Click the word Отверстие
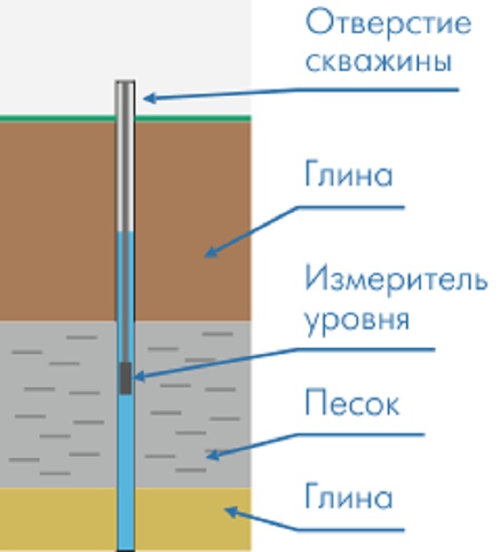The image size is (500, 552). (x=388, y=24)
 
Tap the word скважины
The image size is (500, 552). (x=378, y=62)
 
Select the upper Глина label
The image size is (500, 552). (x=348, y=174)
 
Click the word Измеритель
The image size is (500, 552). (x=396, y=280)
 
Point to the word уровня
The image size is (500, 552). (x=357, y=321)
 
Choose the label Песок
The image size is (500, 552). (x=352, y=403)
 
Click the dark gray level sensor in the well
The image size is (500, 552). (x=126, y=378)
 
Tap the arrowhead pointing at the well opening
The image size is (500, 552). (x=150, y=98)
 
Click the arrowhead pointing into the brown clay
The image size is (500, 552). (x=211, y=252)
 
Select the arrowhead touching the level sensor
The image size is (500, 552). (x=140, y=376)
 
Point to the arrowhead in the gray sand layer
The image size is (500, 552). (x=213, y=455)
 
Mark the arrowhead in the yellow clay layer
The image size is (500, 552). (x=232, y=512)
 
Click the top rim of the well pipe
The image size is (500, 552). (x=125, y=82)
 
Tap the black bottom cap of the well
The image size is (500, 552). (x=126, y=550)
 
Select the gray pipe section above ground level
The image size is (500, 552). (x=125, y=99)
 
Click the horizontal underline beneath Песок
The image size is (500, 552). (x=360, y=435)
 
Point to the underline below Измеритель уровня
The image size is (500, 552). (x=366, y=350)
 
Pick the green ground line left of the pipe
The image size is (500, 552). (x=58, y=118)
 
